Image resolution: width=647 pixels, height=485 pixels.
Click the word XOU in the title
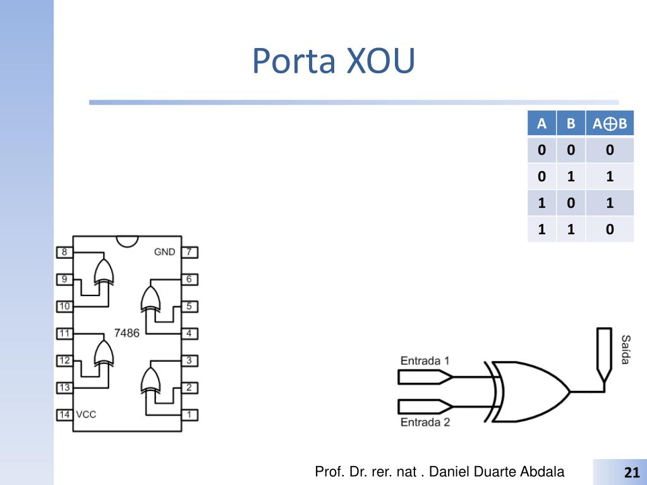(x=380, y=61)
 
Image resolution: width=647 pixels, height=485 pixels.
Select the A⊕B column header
(x=610, y=123)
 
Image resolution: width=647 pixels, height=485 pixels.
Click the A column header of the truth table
(x=541, y=123)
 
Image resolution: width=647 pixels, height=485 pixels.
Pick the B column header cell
(x=571, y=123)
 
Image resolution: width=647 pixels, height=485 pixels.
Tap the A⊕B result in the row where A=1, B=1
(x=610, y=229)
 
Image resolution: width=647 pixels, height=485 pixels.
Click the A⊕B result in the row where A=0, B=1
(x=610, y=177)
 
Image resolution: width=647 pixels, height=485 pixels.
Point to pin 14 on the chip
(x=64, y=414)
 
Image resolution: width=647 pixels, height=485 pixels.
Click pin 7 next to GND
(x=190, y=252)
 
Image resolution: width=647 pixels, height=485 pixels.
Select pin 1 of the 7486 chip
(x=190, y=414)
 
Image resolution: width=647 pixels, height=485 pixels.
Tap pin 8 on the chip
(x=64, y=252)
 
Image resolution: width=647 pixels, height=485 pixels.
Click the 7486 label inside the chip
(x=126, y=333)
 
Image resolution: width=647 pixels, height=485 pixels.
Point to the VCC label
(x=86, y=414)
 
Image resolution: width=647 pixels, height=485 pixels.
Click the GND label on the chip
(x=165, y=252)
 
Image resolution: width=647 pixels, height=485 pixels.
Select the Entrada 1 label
(x=425, y=361)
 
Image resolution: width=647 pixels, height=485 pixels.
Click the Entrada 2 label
(x=425, y=422)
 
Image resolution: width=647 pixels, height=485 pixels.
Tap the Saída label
(x=626, y=350)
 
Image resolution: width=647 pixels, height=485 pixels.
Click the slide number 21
(x=632, y=472)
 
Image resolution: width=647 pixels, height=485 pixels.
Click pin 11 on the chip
(x=64, y=333)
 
